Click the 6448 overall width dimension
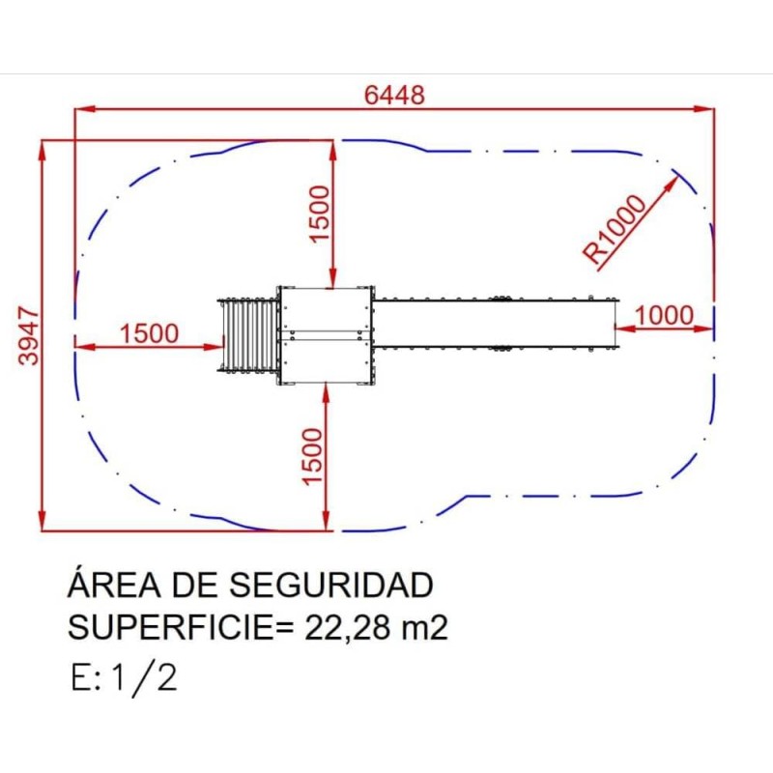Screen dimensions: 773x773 (x=394, y=95)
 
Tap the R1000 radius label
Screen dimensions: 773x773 (x=616, y=230)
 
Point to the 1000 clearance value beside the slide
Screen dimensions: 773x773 (x=666, y=315)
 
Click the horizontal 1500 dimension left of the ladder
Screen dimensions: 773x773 (x=149, y=333)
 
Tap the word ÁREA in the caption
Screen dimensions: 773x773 (x=108, y=586)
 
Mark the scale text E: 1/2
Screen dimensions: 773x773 (x=124, y=677)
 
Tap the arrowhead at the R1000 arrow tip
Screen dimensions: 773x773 (x=673, y=181)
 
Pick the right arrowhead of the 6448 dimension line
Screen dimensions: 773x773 (x=707, y=109)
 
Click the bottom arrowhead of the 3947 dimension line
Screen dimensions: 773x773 (x=43, y=523)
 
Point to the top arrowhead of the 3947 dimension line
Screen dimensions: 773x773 (x=43, y=148)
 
